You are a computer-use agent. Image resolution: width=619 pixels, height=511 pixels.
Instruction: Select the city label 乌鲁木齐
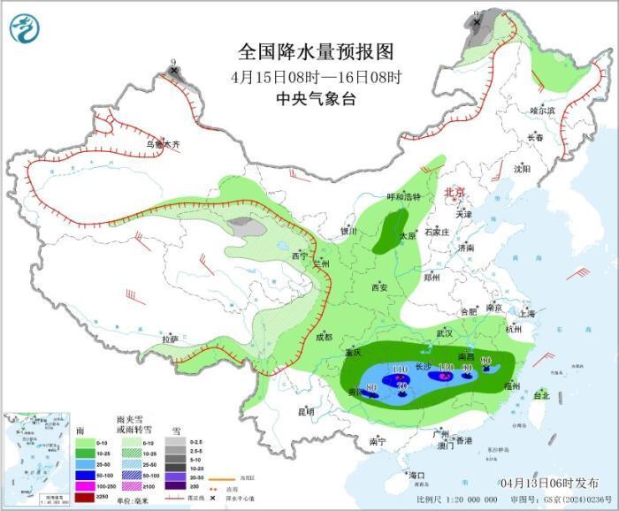(163, 144)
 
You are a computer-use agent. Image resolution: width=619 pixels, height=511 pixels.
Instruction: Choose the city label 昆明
(305, 411)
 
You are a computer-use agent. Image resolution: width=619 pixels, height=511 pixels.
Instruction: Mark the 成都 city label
(324, 336)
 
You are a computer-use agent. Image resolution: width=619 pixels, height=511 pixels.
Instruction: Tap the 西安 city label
(380, 287)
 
